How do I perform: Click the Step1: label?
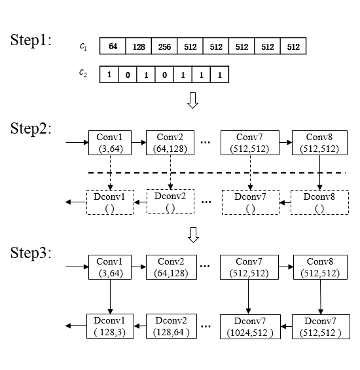31,40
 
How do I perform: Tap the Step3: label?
31,253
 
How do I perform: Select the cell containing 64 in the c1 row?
113,46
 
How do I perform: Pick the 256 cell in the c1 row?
164,46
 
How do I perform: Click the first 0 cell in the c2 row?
128,75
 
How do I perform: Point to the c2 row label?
83,73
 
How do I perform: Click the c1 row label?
83,46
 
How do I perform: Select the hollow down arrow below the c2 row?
192,100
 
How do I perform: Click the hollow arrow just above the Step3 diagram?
194,235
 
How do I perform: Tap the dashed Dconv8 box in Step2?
319,202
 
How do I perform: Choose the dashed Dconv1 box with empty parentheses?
110,202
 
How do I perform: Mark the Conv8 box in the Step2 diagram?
319,143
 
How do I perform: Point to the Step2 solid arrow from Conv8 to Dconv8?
319,172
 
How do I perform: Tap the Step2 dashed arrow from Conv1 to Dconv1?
110,172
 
